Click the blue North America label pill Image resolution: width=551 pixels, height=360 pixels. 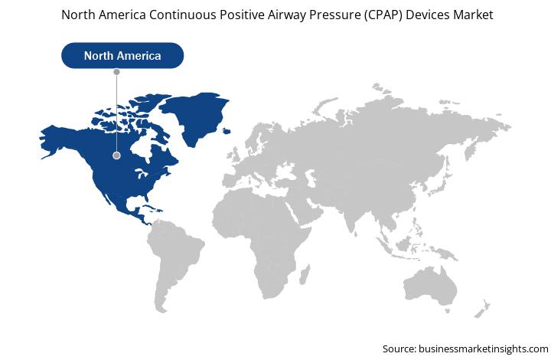[x=122, y=56]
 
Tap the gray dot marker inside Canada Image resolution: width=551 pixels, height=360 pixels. [x=116, y=155]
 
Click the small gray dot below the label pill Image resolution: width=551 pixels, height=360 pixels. [x=116, y=72]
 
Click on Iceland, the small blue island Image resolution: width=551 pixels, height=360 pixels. [x=227, y=131]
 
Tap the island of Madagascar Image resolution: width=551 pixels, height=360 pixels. [x=305, y=274]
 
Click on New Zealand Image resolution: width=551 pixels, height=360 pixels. [x=482, y=309]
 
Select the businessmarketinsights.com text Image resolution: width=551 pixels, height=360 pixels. [x=484, y=349]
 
